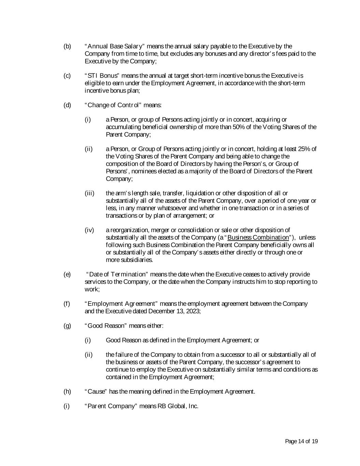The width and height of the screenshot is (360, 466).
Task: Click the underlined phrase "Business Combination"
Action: tap(258, 238)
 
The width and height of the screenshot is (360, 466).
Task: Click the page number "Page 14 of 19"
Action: tap(301, 442)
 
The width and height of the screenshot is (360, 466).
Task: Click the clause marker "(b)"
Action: tap(67, 46)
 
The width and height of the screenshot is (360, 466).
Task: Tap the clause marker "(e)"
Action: tap(67, 274)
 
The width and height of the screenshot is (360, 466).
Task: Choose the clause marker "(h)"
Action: tap(67, 392)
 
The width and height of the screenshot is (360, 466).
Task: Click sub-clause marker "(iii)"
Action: tap(89, 193)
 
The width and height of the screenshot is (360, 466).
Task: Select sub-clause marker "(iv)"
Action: tap(89, 230)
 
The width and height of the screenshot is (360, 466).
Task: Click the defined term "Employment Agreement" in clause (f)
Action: tap(121, 304)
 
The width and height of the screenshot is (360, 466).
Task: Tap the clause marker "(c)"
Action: tap(67, 76)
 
